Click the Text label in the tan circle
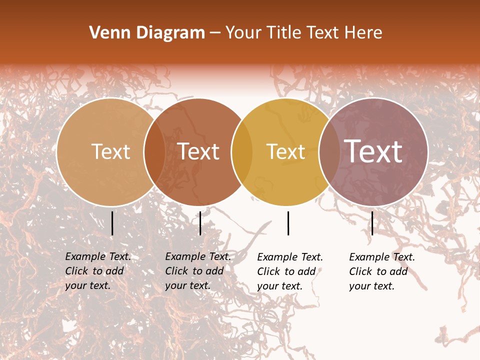110,151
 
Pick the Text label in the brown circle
198,151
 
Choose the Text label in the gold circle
285,151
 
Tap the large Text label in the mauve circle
373,151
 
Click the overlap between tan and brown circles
154,152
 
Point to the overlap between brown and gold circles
242,152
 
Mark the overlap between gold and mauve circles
329,152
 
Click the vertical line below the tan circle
112,223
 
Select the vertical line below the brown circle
200,223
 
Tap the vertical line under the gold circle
288,223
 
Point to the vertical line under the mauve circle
372,223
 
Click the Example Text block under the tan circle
97,271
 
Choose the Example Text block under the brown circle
197,271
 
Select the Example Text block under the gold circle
289,271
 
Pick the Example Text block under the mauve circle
381,271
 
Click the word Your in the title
243,33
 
